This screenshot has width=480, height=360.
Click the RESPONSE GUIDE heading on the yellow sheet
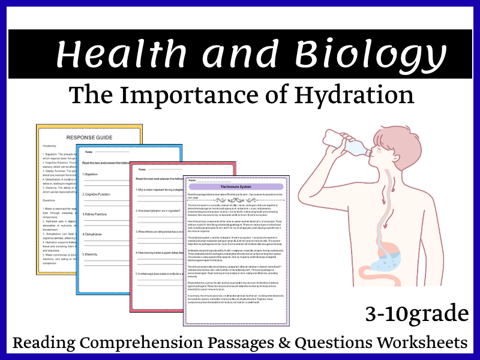click(x=89, y=137)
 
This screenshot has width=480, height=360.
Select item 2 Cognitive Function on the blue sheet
click(x=103, y=195)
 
